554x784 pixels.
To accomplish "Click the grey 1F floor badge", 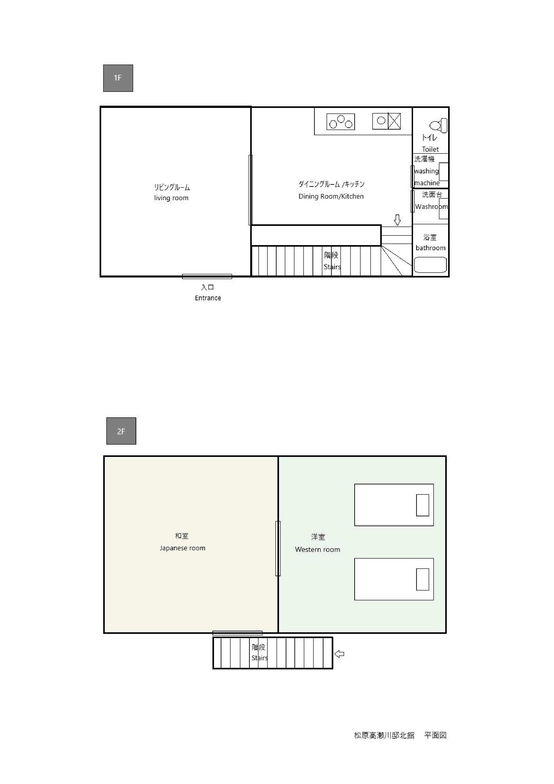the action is click(118, 78).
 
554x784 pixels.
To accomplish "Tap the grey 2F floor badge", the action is click(121, 431).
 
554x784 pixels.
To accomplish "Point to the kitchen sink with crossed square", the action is click(386, 121).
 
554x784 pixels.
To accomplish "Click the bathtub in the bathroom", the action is click(430, 265).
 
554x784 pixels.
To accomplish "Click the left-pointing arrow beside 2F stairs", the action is click(339, 654).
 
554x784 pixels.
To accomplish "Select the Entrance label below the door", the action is click(208, 298).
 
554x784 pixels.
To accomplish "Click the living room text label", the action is click(171, 198).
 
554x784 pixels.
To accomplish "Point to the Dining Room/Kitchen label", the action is click(331, 196).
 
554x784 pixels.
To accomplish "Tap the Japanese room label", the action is click(183, 548).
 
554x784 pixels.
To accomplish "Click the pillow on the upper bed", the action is click(423, 505).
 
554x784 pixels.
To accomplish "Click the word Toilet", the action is click(430, 149).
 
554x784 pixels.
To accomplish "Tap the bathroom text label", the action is click(430, 248).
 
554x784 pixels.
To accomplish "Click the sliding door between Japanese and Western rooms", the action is click(278, 548).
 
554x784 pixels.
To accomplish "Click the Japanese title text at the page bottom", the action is click(400, 735).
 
